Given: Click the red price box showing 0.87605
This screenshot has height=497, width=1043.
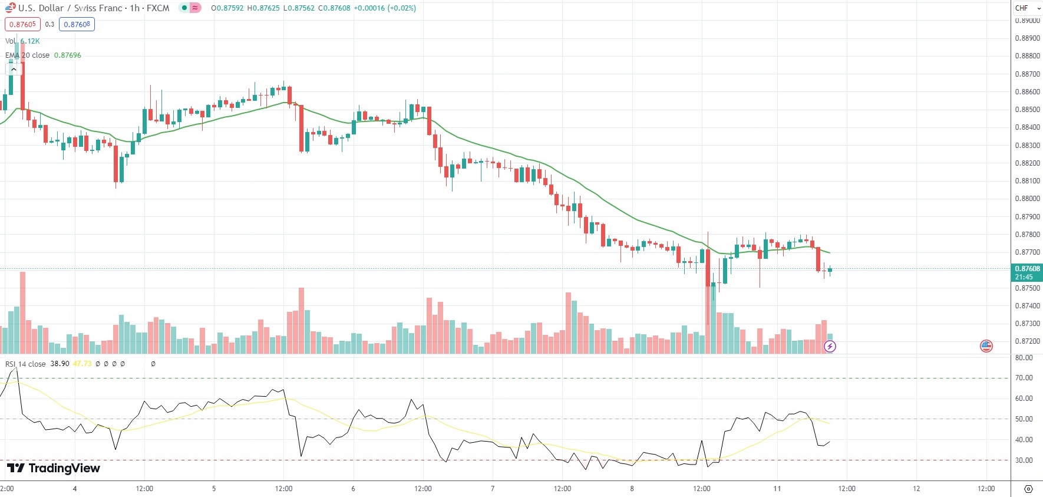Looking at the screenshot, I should [x=22, y=24].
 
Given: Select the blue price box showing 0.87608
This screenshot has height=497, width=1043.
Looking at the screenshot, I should [x=77, y=24].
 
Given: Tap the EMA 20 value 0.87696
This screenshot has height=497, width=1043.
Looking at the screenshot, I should [x=68, y=55].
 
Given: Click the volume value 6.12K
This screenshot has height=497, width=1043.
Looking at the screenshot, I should [x=30, y=41].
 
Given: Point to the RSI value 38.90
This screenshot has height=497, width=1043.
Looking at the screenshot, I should [x=60, y=364].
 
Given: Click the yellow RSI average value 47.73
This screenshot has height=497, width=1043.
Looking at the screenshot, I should [x=82, y=364].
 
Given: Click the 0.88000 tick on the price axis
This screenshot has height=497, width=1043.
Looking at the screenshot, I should [x=1027, y=199].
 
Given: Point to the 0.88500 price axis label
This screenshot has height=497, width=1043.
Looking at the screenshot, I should [x=1027, y=110].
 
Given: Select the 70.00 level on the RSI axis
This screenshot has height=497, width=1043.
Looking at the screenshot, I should [x=1024, y=378].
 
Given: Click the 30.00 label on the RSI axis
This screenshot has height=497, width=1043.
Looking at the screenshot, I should [x=1024, y=460].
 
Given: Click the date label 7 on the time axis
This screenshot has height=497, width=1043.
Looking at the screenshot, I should [x=493, y=489].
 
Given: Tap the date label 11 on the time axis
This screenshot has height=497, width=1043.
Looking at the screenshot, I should [x=777, y=489].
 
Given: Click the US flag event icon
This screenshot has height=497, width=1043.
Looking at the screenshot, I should [x=986, y=346].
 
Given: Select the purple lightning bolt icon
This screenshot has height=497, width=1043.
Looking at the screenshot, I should [x=830, y=346].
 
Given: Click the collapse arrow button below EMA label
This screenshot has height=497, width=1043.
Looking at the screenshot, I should [x=14, y=69].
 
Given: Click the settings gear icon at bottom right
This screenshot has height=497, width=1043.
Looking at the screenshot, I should [x=1028, y=489].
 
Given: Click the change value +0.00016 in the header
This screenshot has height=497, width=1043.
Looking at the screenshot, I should [x=369, y=8].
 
